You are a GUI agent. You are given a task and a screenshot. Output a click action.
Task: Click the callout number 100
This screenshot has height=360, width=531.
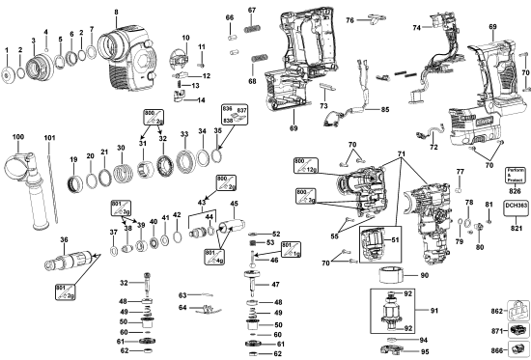(17, 137)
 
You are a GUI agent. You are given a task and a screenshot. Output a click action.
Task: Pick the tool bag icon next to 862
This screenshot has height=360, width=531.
(517, 312)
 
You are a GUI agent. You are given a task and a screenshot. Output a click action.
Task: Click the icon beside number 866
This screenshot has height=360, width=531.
(518, 349)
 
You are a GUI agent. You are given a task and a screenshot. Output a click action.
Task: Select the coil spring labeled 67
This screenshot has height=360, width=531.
(254, 31)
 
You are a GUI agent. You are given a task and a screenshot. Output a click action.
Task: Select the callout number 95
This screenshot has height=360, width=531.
(423, 351)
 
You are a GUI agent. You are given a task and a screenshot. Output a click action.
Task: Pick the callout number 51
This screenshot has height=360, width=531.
(393, 240)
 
